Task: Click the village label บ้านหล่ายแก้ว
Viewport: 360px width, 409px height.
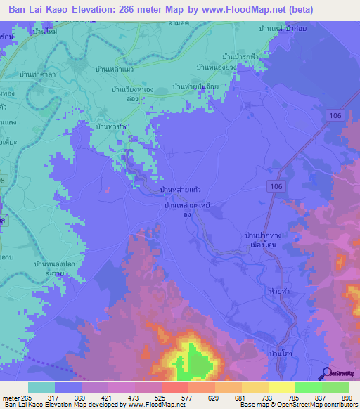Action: tap(183, 191)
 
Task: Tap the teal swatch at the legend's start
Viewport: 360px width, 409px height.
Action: tap(41, 387)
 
